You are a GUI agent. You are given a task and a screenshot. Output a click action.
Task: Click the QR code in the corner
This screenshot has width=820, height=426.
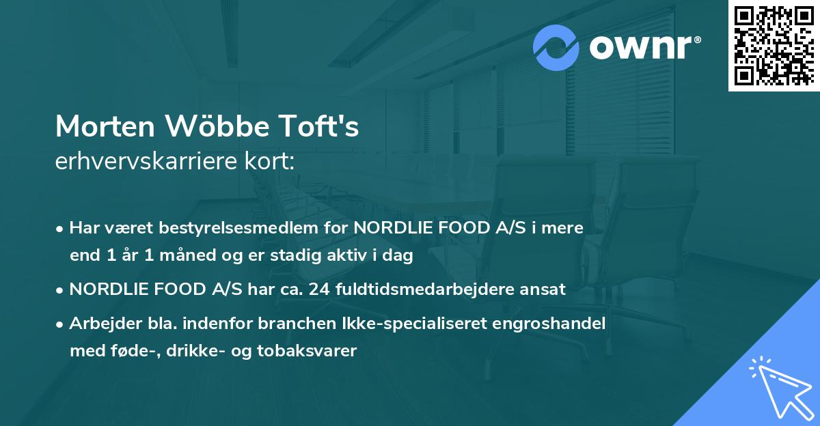coord(774,46)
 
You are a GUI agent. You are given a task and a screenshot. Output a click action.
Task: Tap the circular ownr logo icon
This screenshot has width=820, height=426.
coord(556,48)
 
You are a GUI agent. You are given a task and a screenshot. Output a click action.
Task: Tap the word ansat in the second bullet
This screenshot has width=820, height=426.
coord(545,289)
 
